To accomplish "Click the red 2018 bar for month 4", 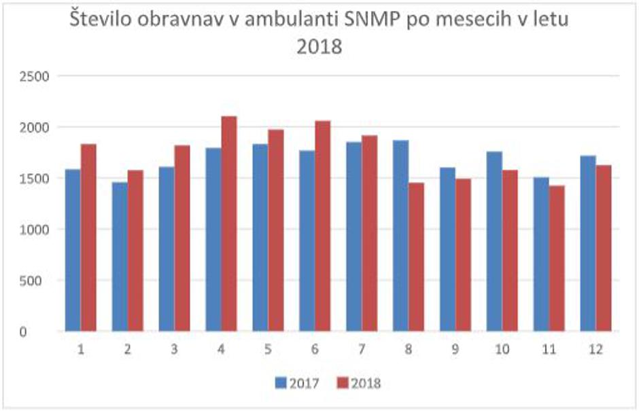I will [x=229, y=224].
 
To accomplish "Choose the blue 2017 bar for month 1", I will [x=73, y=251].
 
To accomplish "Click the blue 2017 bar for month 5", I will [x=259, y=238].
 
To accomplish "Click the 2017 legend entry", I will [x=298, y=383].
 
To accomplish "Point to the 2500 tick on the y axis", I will [x=33, y=76].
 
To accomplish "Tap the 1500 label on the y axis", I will [x=33, y=179].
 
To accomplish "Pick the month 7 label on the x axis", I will [x=362, y=350].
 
